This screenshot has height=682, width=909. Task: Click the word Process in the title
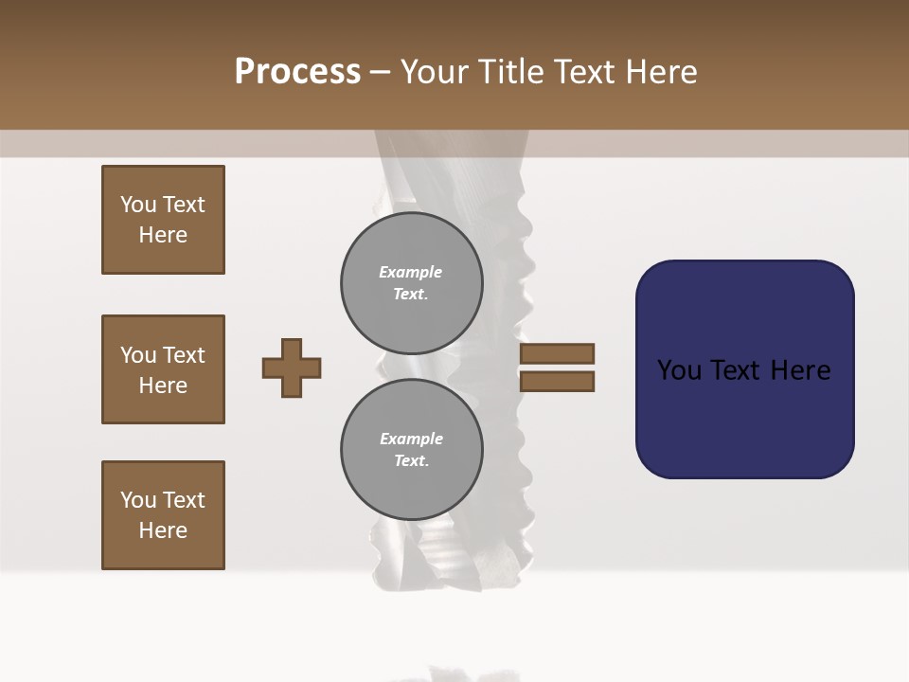297,72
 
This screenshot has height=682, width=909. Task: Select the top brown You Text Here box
163,220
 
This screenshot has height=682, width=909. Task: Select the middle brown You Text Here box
163,369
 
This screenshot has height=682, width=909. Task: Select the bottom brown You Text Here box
163,515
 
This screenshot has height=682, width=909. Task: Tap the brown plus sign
292,368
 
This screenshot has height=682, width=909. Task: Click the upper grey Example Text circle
411,283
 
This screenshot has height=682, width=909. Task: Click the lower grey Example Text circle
411,450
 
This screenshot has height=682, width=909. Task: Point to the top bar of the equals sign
557,353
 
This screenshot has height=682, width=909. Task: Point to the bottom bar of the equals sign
557,382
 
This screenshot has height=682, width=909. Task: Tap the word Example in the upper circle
410,272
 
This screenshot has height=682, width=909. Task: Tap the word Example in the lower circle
410,439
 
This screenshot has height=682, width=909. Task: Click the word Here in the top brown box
163,235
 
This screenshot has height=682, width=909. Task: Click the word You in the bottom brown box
138,500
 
